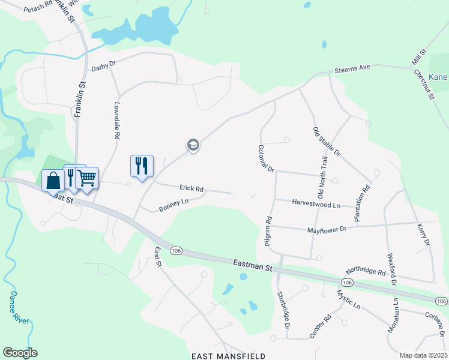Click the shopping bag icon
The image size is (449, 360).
(x=53, y=179)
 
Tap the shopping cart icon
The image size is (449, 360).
(x=87, y=177)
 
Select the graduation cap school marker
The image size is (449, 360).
(x=193, y=145)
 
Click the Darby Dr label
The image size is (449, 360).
(x=103, y=68)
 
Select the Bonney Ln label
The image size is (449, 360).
(x=173, y=205)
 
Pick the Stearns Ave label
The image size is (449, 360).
(x=352, y=68)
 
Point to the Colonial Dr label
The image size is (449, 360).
(x=266, y=159)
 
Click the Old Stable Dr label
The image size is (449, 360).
(x=327, y=142)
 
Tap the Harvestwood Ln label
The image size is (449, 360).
(x=316, y=204)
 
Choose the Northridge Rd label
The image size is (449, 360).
(x=366, y=272)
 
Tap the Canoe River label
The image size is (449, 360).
(x=19, y=308)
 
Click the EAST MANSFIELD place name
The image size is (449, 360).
(x=229, y=356)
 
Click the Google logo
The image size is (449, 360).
(x=20, y=353)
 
